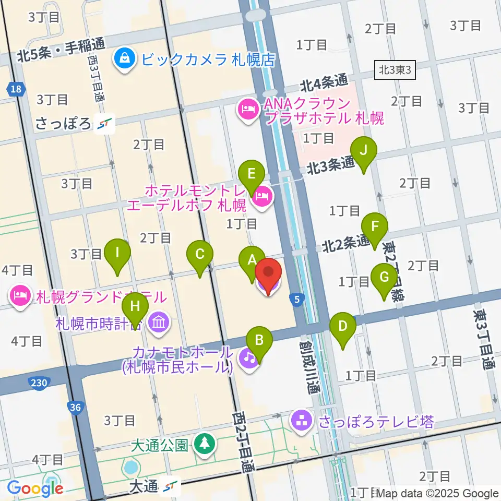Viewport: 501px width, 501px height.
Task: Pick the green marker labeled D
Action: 343,327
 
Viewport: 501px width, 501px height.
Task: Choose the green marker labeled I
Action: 117,254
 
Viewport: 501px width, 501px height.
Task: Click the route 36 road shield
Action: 75,407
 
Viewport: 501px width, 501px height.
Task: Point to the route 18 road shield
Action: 16,90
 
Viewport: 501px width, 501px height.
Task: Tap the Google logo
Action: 35,489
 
